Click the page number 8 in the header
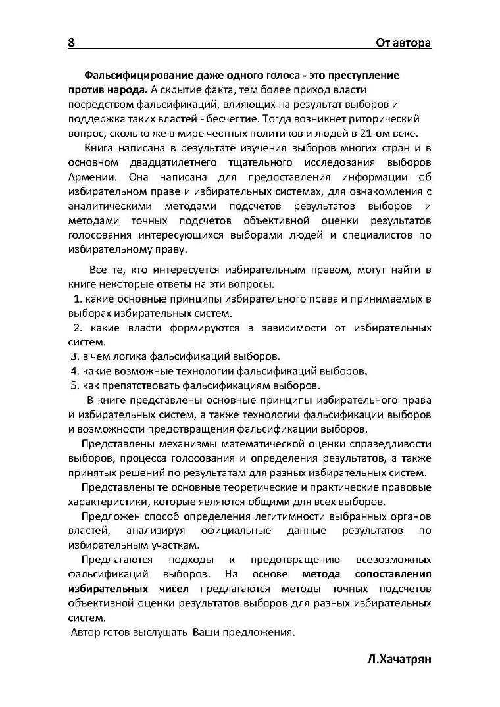pos(71,43)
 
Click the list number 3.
pos(74,356)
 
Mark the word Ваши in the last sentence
pos(206,632)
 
